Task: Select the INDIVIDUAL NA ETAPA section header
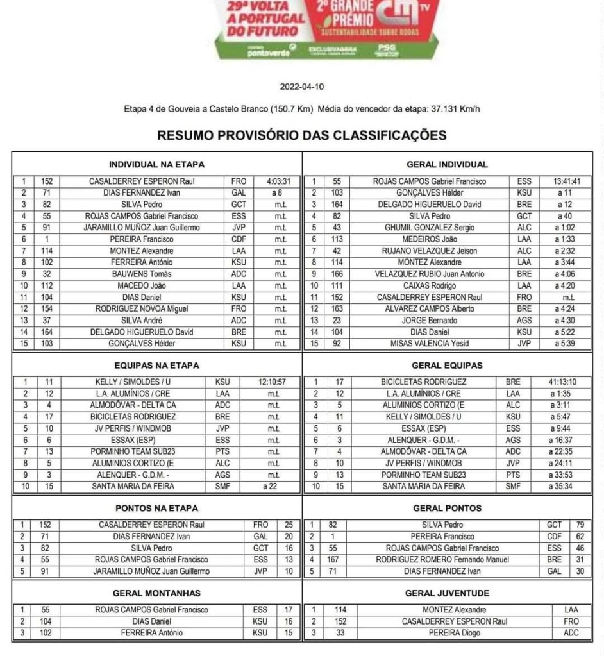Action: click(x=156, y=164)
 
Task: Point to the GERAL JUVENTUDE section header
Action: click(x=447, y=593)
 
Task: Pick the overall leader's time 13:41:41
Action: click(x=566, y=181)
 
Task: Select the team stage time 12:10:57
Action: click(x=273, y=382)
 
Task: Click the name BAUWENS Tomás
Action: click(x=142, y=274)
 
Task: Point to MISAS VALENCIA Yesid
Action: click(x=428, y=343)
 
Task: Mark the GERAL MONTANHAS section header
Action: click(x=156, y=593)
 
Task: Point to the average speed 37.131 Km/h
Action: click(x=454, y=108)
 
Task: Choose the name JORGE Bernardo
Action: click(x=429, y=320)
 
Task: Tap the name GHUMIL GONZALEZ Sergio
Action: click(x=428, y=228)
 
